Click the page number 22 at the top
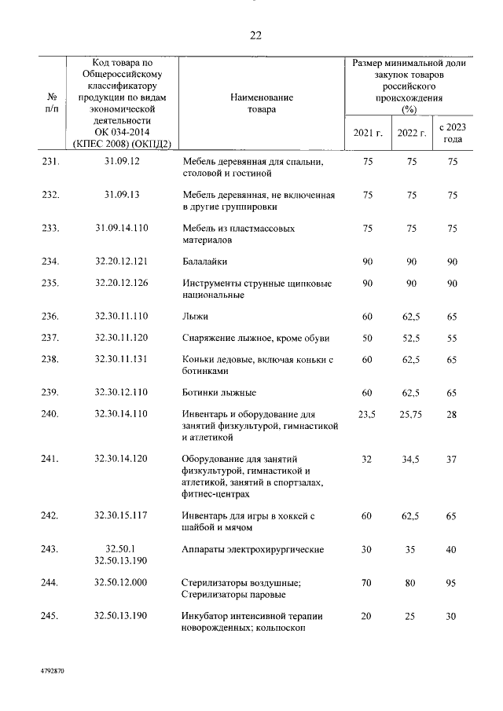255,35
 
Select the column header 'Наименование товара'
262,104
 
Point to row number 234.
50,261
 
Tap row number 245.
50,617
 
